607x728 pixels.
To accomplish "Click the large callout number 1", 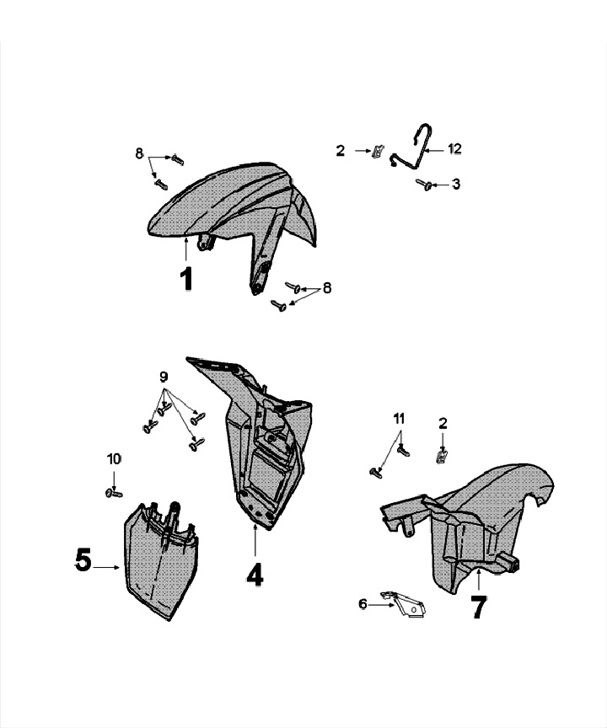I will pos(186,279).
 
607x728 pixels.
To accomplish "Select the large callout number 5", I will pos(83,560).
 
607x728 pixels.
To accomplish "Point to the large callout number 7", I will pos(478,608).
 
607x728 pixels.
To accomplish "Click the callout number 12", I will pos(454,149).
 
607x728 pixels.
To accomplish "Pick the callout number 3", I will pos(455,184).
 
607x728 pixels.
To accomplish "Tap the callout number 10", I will pos(114,459).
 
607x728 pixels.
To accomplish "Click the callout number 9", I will pos(164,376).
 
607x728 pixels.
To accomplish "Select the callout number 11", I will pos(399,419).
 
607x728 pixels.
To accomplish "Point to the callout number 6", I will pos(363,603).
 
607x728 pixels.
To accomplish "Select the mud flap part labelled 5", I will pos(160,560).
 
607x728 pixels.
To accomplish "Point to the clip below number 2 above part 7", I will pos(440,457).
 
